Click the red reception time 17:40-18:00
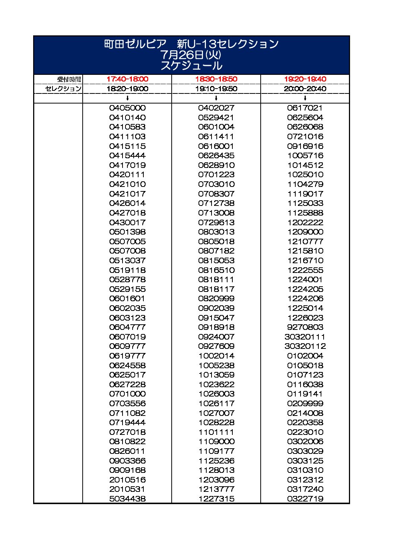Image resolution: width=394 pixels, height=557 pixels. (127, 79)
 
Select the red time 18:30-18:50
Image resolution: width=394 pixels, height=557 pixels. (216, 79)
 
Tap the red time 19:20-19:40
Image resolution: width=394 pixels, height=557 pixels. (305, 79)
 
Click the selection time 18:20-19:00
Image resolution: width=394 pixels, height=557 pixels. (127, 89)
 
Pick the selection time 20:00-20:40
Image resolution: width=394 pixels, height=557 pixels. (305, 89)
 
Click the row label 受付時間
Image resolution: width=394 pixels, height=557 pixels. (69, 79)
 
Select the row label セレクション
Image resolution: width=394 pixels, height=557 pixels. (63, 89)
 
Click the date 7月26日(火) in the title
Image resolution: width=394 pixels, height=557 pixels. (191, 55)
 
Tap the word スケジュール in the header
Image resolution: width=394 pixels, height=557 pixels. (191, 66)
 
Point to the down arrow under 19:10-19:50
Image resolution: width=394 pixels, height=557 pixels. (216, 98)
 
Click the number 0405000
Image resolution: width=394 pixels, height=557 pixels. (127, 108)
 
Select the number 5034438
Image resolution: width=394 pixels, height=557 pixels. (127, 499)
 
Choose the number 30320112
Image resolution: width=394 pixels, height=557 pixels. (305, 346)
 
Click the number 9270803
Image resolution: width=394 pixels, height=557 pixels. (305, 327)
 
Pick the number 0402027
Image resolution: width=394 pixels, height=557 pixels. (216, 108)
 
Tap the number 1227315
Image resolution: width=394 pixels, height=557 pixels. (216, 499)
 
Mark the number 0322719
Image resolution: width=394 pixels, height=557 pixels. (305, 499)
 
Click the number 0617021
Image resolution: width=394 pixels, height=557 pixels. (305, 108)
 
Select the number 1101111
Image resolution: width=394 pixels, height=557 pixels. (216, 432)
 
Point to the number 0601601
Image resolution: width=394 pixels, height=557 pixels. (127, 299)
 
